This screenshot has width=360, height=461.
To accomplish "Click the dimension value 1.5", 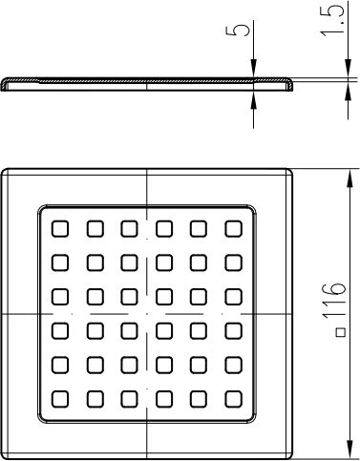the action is (x=332, y=18).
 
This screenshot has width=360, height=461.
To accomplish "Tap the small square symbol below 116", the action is (x=342, y=332).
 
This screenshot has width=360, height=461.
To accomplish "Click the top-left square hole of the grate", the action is (x=60, y=229).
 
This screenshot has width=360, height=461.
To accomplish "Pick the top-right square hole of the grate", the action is (x=233, y=229).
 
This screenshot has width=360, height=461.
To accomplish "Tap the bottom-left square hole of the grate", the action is (x=60, y=399).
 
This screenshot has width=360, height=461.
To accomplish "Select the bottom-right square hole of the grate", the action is (x=233, y=399).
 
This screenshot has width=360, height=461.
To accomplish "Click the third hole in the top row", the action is (x=129, y=229).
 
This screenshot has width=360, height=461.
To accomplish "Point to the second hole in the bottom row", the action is (x=95, y=399).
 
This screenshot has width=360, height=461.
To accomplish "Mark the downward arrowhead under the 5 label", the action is (x=253, y=68).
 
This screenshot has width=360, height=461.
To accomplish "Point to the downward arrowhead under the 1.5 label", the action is (x=348, y=68).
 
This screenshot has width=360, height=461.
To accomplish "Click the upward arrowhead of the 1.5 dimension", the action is (x=348, y=93).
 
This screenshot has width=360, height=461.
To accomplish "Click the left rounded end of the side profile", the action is (x=3, y=84).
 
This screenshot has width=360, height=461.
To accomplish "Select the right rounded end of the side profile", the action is (x=289, y=85).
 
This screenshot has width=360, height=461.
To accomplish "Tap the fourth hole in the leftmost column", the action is (x=60, y=331).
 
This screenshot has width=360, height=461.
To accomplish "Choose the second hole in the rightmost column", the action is (x=233, y=262).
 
